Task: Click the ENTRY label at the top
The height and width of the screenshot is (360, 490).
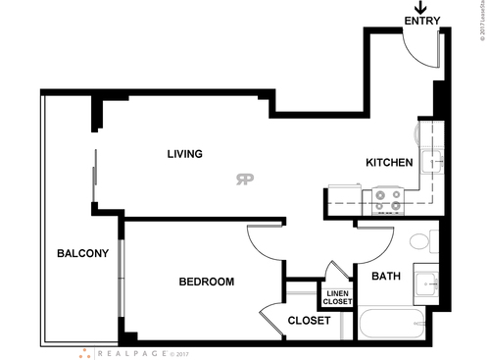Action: click(x=421, y=21)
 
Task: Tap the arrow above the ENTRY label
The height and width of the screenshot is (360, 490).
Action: click(x=421, y=7)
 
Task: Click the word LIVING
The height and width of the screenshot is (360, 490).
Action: click(x=184, y=154)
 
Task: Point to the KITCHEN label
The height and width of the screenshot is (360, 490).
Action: click(x=388, y=163)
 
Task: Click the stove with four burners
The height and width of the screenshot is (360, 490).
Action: click(x=383, y=202)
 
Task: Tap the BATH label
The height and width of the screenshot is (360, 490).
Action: click(x=385, y=276)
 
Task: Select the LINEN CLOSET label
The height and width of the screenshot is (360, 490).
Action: click(x=336, y=297)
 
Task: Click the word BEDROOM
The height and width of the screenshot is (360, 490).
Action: click(x=206, y=283)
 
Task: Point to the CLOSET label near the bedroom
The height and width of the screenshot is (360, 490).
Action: click(x=308, y=321)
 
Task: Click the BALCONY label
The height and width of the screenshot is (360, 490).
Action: click(x=82, y=254)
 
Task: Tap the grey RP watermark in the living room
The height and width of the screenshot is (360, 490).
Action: click(x=244, y=179)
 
